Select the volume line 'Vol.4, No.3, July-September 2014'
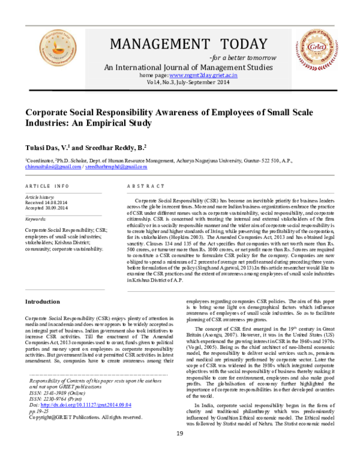coord(180,83)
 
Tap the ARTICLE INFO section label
coord(47,186)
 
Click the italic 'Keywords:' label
coord(35,219)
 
